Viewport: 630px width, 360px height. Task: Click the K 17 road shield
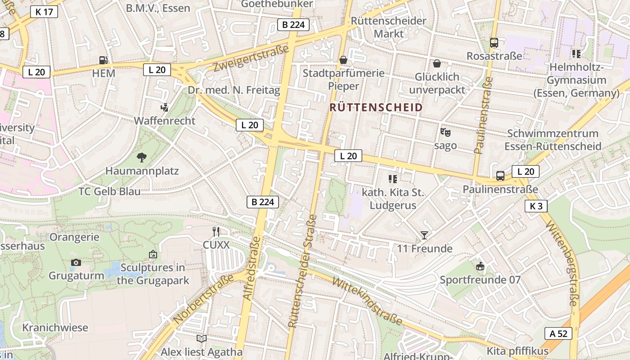[44, 12]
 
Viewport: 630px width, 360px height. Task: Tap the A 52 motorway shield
[558, 333]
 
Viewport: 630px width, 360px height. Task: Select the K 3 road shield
[536, 206]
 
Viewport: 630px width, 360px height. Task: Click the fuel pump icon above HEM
[103, 60]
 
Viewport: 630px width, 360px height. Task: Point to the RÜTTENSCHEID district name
[376, 108]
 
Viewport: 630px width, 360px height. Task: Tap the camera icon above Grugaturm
[76, 262]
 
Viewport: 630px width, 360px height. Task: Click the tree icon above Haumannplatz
[142, 157]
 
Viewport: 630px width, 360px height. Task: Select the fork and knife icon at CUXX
[216, 232]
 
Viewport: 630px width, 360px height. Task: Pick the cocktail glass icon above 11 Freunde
[424, 235]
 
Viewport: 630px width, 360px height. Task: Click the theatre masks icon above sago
[445, 132]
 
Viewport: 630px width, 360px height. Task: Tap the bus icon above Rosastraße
[494, 43]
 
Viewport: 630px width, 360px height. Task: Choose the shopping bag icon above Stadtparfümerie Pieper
[343, 60]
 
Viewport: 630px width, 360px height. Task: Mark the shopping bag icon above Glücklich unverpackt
[436, 63]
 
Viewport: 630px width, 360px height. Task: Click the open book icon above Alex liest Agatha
[202, 338]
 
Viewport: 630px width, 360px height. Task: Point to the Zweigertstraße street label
[251, 58]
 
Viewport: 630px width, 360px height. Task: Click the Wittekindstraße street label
[367, 301]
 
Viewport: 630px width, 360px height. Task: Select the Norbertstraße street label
[204, 297]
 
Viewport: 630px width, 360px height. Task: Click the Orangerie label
[75, 237]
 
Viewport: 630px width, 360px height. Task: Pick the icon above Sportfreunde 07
[480, 266]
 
